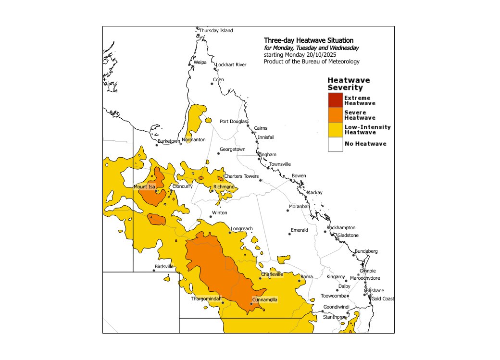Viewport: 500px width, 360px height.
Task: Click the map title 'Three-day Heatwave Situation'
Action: coord(308,40)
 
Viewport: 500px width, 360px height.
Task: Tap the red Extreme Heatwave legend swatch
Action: coord(335,100)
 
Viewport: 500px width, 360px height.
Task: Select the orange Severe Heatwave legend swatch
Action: coord(335,115)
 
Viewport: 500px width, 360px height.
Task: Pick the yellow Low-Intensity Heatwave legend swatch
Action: coord(335,129)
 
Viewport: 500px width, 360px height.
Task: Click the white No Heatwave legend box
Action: coord(335,144)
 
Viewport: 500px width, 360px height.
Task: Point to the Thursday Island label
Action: coord(216,31)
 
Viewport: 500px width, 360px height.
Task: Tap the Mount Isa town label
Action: coord(144,186)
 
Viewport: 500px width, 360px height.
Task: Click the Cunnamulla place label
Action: coord(264,300)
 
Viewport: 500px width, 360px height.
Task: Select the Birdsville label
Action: coord(164,266)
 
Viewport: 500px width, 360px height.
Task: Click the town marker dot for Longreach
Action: coord(230,233)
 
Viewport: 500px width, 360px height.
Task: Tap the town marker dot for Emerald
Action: coord(290,234)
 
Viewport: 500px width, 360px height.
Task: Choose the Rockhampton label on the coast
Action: coord(341,227)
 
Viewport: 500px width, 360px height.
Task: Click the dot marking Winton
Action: coord(211,217)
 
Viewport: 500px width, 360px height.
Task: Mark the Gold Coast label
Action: coord(383,299)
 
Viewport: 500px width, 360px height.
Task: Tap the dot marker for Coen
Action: coord(212,84)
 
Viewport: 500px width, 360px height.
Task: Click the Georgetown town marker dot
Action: coord(218,154)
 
